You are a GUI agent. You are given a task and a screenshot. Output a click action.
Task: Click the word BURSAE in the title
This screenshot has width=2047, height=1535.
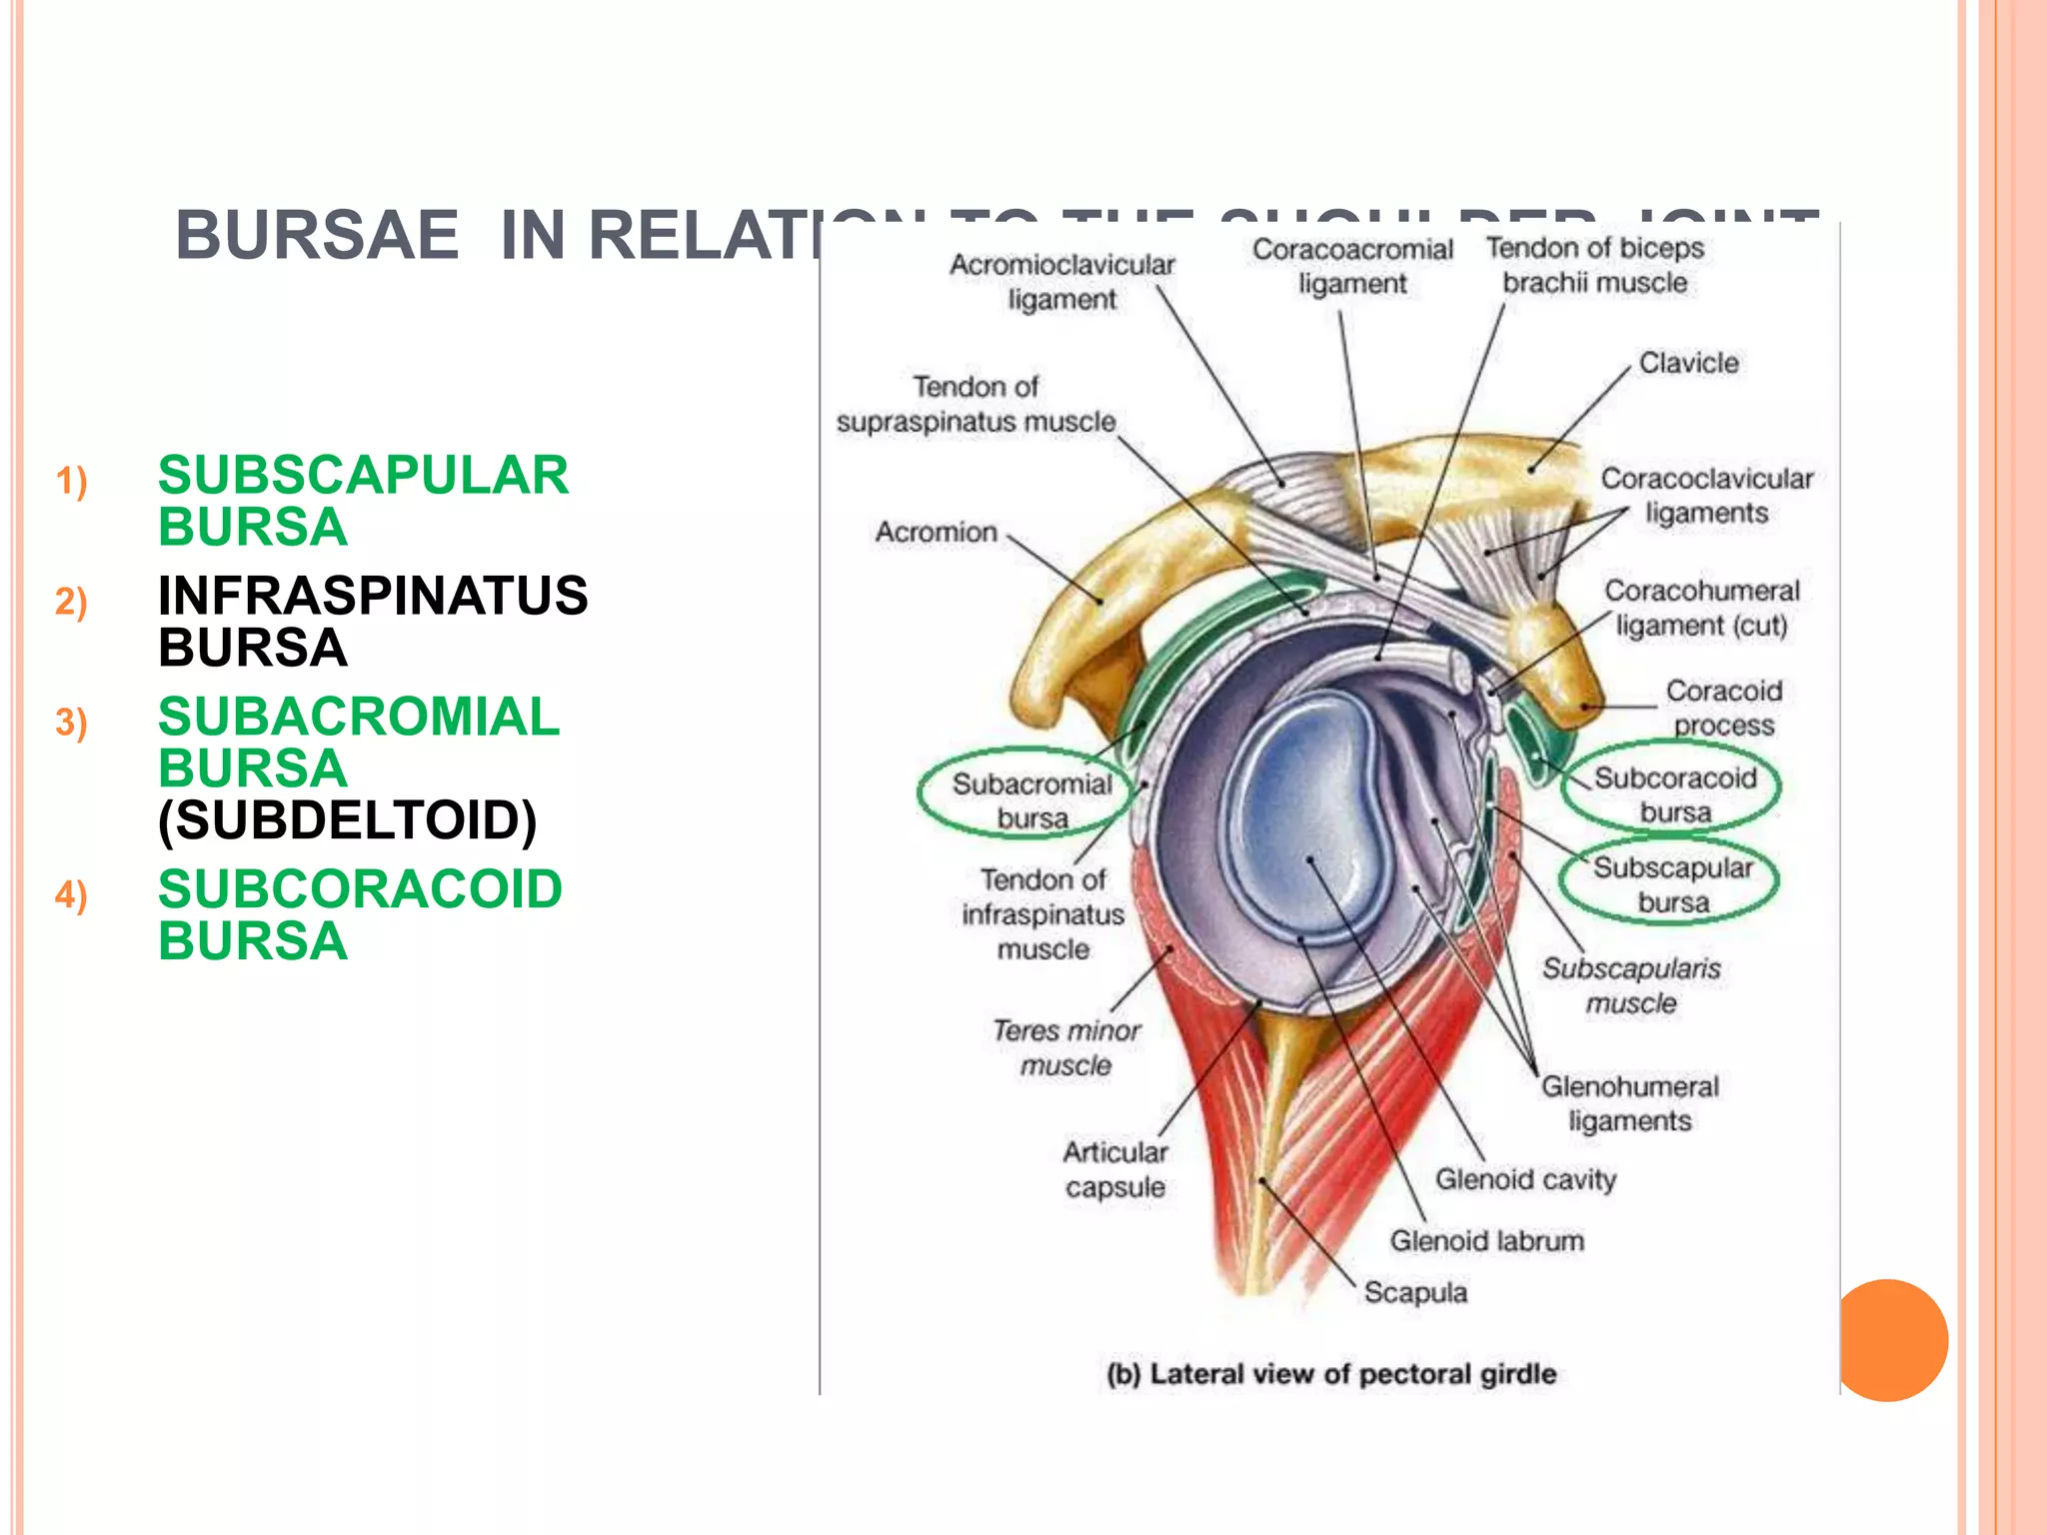[317, 235]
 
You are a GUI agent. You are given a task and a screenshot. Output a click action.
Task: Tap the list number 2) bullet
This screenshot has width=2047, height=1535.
[71, 602]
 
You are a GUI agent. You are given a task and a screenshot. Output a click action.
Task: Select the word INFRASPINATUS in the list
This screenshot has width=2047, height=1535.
[373, 596]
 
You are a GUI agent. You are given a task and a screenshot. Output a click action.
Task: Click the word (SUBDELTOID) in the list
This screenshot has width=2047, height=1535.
[348, 820]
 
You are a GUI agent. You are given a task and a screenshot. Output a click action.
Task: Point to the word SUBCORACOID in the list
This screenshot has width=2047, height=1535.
[360, 889]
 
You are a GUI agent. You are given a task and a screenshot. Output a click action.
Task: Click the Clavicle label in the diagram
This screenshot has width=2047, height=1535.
[1688, 363]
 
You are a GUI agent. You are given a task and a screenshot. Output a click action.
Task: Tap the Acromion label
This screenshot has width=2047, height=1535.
[936, 532]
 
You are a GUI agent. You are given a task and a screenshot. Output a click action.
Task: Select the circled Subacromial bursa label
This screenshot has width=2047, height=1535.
[1030, 799]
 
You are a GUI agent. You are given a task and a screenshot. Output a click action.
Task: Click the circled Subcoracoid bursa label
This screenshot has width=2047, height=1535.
[1674, 793]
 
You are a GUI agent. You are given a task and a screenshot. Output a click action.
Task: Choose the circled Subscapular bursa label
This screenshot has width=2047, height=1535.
[1672, 884]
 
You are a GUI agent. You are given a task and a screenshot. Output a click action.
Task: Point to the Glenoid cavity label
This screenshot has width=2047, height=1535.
[1525, 1179]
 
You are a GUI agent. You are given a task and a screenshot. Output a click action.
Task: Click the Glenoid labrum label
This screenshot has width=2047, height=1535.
[1486, 1241]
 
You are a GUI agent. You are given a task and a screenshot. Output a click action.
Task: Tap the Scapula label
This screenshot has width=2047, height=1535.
[1415, 1292]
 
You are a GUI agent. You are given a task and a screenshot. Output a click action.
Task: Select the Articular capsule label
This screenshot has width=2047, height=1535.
[1114, 1169]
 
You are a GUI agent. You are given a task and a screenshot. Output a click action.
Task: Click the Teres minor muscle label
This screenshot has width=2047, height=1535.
[1066, 1047]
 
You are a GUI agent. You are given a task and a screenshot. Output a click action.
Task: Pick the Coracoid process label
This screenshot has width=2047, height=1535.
[1723, 707]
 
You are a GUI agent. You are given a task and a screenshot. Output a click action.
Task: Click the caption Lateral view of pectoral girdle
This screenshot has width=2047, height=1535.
[1331, 1374]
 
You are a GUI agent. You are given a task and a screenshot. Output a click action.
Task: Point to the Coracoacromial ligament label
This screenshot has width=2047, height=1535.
[1352, 266]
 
